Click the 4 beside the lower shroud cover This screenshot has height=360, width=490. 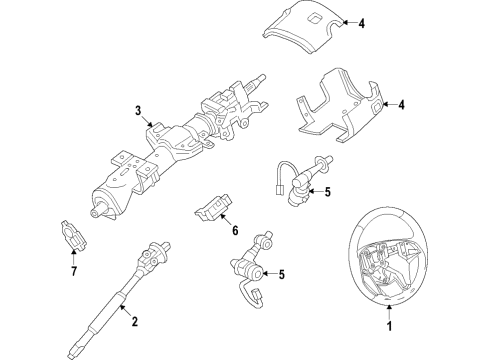[401, 104]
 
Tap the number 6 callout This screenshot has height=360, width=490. [235, 232]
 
